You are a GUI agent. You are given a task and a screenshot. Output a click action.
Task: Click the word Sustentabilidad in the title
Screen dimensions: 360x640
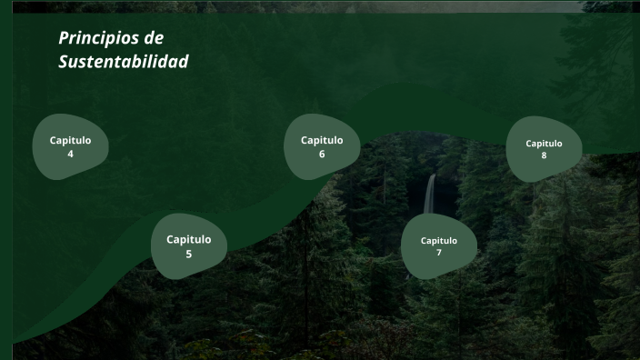tap(124, 62)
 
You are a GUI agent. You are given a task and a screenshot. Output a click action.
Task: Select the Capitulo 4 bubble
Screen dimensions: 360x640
tap(70, 146)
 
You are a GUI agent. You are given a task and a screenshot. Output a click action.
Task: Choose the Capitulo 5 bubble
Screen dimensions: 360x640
tap(188, 245)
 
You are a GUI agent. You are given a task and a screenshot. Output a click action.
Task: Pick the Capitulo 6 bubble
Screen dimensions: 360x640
tap(322, 146)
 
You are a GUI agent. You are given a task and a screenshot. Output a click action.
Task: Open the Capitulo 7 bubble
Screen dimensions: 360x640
tap(438, 245)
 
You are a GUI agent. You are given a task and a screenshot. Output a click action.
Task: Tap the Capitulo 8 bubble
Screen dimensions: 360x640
tap(544, 149)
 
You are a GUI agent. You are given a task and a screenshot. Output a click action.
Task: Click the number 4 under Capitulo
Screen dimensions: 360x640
tap(70, 154)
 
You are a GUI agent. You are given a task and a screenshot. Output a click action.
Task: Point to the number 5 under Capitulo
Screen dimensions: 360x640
tap(188, 254)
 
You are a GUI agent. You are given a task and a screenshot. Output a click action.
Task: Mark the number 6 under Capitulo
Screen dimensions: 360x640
tap(322, 154)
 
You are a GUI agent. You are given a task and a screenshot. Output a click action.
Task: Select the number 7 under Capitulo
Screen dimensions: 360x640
tap(438, 252)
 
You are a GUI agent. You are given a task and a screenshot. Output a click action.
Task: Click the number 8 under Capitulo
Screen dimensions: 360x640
tap(544, 155)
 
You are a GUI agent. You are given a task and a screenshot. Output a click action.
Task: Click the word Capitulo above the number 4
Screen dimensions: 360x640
tap(70, 140)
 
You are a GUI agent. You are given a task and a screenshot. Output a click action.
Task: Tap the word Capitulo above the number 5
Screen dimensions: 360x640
tap(188, 239)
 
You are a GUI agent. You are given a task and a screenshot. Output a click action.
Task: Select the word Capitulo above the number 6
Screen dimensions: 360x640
tap(322, 140)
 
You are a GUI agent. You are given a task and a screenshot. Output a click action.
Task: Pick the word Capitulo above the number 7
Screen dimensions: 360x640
tap(438, 240)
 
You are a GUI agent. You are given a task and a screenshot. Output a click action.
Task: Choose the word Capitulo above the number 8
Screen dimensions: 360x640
tap(544, 143)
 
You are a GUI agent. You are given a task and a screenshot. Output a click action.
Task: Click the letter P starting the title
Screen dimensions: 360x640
tap(64, 38)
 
